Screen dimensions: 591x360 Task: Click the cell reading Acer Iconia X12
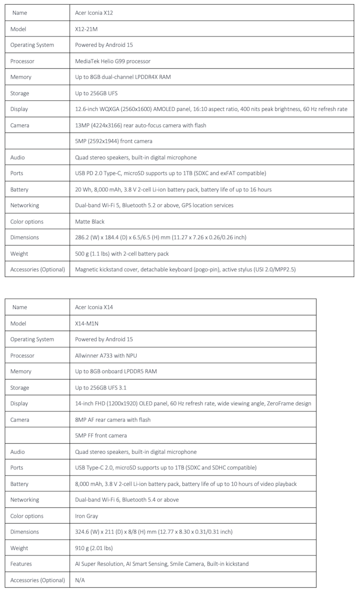click(x=94, y=13)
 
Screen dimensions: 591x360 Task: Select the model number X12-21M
click(x=86, y=29)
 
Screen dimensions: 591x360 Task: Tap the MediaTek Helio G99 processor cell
click(x=113, y=61)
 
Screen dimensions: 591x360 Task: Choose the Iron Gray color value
click(x=86, y=516)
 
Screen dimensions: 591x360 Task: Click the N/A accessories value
click(x=80, y=580)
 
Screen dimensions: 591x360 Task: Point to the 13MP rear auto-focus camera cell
click(x=140, y=125)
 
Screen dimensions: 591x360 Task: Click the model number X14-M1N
click(x=87, y=324)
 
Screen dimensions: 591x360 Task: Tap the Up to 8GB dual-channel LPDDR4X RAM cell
click(x=123, y=77)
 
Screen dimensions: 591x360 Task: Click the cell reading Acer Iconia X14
click(x=94, y=307)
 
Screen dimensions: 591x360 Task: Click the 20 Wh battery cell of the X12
click(x=173, y=189)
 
